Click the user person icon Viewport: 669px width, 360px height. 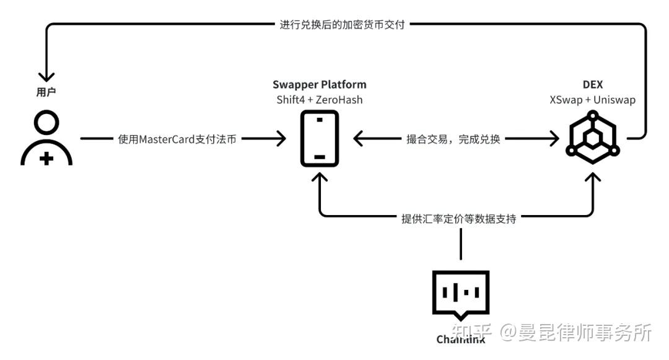click(x=46, y=139)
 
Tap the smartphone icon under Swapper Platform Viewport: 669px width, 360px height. click(x=319, y=138)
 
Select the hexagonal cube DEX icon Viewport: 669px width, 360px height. click(x=592, y=138)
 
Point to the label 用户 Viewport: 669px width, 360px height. click(x=46, y=92)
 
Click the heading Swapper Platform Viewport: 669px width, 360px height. click(x=319, y=85)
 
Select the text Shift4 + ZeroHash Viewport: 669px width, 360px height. click(x=319, y=100)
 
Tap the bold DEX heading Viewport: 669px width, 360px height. click(x=592, y=85)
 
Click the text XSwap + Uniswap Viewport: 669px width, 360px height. click(x=592, y=100)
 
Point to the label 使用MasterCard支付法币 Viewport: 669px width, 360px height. click(x=177, y=139)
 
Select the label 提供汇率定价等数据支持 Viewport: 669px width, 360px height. click(x=459, y=218)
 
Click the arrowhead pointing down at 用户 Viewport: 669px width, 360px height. click(x=46, y=76)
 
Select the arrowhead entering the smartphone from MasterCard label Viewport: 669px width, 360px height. click(x=280, y=139)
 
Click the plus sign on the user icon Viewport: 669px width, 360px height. click(x=46, y=159)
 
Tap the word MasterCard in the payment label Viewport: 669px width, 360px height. click(x=165, y=139)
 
